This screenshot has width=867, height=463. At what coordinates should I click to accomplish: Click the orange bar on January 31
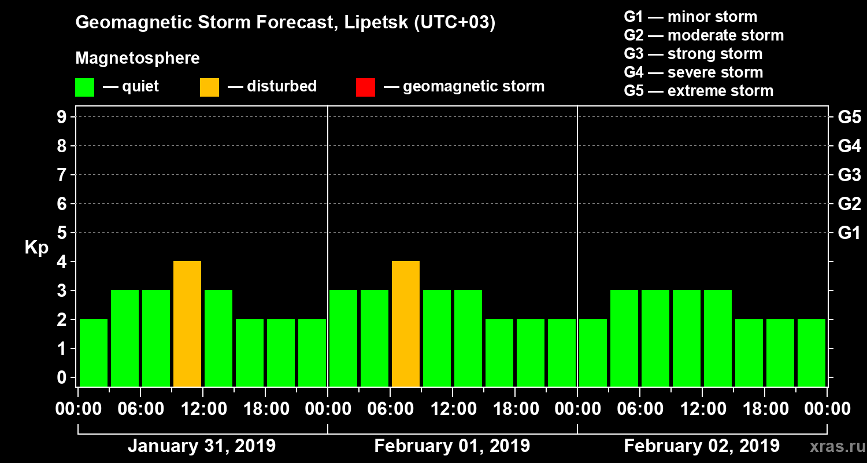(187, 324)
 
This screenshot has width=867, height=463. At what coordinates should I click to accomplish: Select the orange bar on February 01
(406, 324)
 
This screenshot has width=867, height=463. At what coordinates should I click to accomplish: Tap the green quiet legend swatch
(84, 87)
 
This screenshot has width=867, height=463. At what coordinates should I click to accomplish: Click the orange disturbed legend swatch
(209, 87)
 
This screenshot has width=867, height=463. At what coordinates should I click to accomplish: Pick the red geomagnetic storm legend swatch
(365, 87)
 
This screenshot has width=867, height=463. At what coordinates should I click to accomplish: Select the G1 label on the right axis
(849, 233)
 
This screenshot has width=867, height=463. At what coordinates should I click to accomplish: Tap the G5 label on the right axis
(849, 117)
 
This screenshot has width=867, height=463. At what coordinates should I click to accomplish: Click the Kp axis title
(36, 248)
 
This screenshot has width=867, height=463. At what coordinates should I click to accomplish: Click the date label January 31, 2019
(202, 446)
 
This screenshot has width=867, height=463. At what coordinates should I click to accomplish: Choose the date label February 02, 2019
(702, 446)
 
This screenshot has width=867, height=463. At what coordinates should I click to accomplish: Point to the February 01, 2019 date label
(452, 446)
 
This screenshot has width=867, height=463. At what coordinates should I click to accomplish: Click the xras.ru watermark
(833, 446)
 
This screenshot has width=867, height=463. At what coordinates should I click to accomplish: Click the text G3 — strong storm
(693, 54)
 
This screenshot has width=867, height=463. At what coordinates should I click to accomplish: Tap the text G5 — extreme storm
(698, 91)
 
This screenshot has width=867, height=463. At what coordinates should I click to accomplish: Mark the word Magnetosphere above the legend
(138, 58)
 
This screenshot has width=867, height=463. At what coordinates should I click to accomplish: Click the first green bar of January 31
(94, 352)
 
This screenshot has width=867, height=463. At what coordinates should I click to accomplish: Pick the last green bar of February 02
(812, 352)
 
